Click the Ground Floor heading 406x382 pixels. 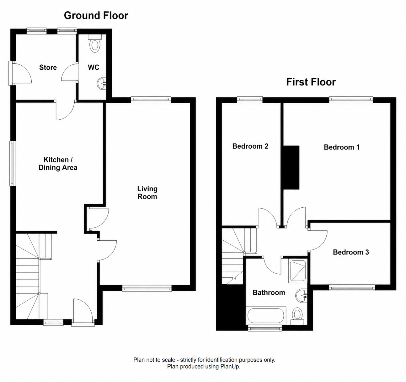pyautogui.click(x=96, y=16)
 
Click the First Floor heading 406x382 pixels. pyautogui.click(x=311, y=82)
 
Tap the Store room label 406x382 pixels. pyautogui.click(x=48, y=67)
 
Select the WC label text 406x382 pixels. pyautogui.click(x=93, y=67)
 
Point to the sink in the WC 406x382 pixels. pyautogui.click(x=102, y=83)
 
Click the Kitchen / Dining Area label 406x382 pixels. pyautogui.click(x=58, y=164)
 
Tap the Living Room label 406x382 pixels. pyautogui.click(x=147, y=193)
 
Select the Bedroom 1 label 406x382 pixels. pyautogui.click(x=342, y=147)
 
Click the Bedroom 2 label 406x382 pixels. pyautogui.click(x=250, y=146)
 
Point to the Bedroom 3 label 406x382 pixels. pyautogui.click(x=351, y=252)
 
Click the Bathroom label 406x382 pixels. pyautogui.click(x=269, y=292)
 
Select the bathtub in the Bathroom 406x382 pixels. pyautogui.click(x=266, y=315)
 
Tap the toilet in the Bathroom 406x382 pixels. pyautogui.click(x=297, y=316)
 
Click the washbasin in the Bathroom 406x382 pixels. pyautogui.click(x=301, y=296)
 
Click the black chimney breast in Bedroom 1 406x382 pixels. pyautogui.click(x=291, y=167)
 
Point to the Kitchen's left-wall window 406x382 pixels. pyautogui.click(x=13, y=164)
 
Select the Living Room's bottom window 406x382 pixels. pyautogui.click(x=147, y=289)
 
